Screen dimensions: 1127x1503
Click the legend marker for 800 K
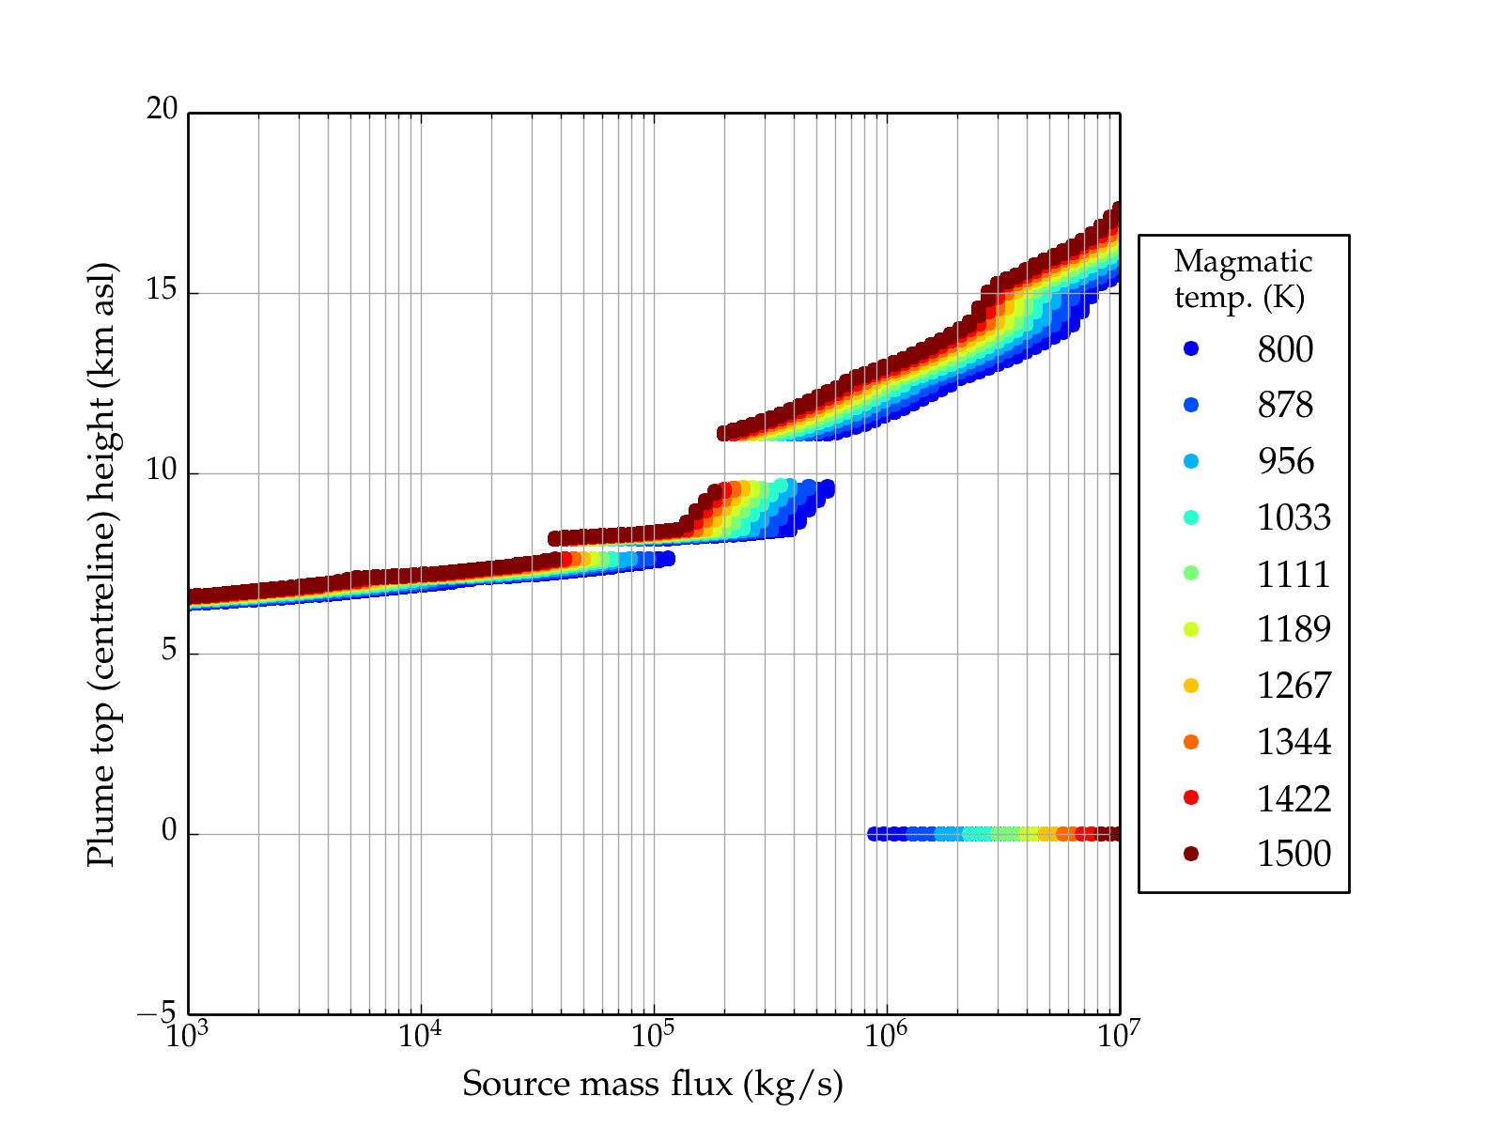tap(1191, 348)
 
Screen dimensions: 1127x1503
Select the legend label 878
tap(1285, 405)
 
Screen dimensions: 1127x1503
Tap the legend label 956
tap(1285, 461)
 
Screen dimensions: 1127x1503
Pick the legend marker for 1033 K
tap(1191, 517)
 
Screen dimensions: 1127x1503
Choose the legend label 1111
tap(1294, 574)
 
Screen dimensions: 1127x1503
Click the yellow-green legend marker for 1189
tap(1191, 629)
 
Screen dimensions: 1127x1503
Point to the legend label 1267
tap(1294, 686)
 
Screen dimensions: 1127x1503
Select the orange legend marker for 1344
tap(1191, 742)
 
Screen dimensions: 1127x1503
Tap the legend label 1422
tap(1294, 798)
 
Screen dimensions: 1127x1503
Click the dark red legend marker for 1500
tap(1191, 853)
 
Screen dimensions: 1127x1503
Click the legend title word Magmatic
tap(1243, 261)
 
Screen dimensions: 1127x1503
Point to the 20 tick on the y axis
tap(162, 110)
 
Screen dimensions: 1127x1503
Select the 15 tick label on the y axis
tap(162, 290)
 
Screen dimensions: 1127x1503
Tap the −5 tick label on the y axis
tap(157, 1013)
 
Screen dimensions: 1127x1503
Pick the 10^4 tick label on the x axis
tap(420, 1036)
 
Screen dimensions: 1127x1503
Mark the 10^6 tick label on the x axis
tap(886, 1036)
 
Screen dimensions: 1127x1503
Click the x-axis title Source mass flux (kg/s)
tap(653, 1084)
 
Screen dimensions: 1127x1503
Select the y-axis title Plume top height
tap(101, 563)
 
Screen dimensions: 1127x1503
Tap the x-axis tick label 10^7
tap(1119, 1036)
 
